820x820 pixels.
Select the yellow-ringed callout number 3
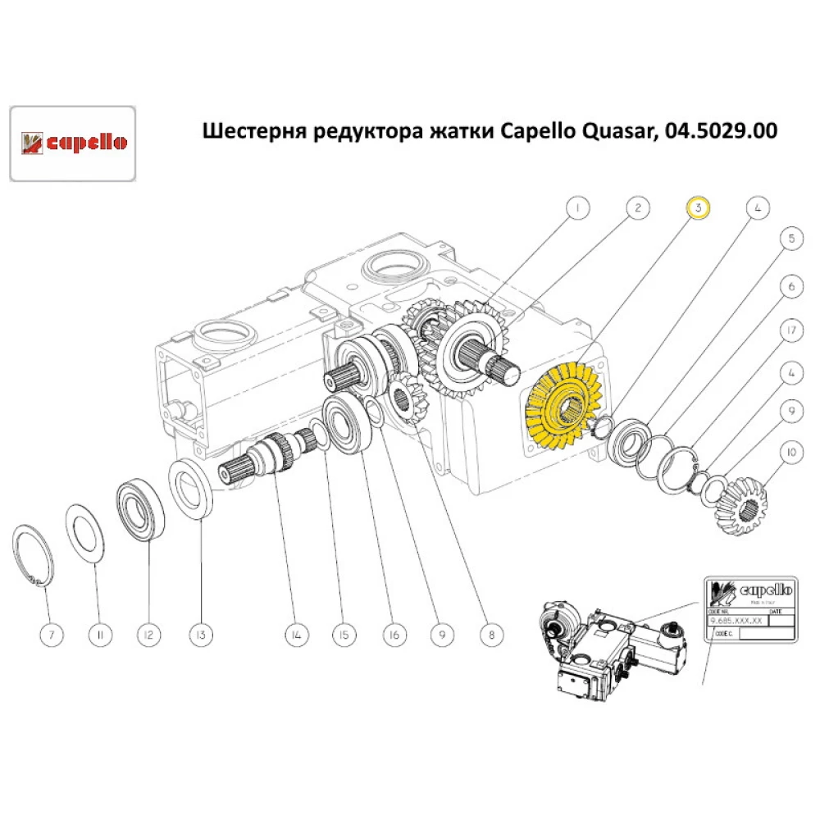click(x=697, y=208)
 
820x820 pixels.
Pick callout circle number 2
click(x=637, y=208)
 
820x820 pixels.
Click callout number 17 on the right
click(x=790, y=331)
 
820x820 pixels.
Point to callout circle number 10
click(x=790, y=451)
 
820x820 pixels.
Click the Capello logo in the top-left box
click(x=72, y=143)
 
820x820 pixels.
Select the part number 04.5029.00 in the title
click(x=719, y=131)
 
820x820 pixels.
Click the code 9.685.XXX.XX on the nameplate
click(x=735, y=622)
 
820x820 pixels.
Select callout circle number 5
click(x=790, y=239)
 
